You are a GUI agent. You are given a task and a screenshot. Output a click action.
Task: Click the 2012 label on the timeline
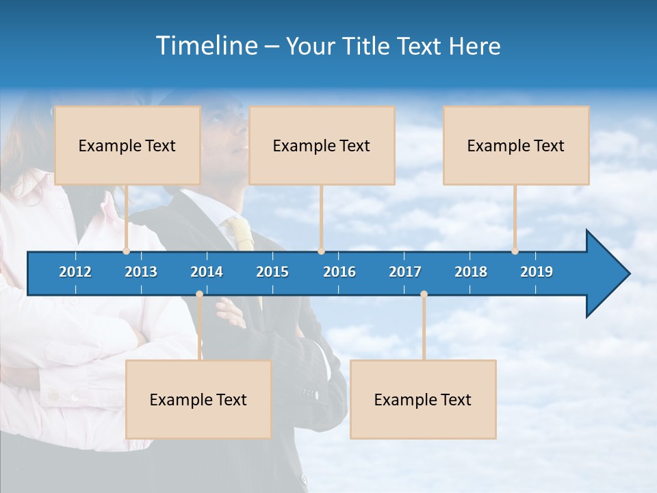[x=75, y=272]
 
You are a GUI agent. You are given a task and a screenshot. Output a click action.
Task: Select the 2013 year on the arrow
[x=141, y=272]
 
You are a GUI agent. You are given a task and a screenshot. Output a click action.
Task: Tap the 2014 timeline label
[x=207, y=272]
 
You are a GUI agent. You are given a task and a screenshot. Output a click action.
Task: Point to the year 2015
[x=272, y=272]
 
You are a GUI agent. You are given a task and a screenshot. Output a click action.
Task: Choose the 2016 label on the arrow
[x=339, y=272]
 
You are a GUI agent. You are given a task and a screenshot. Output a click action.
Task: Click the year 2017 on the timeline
[x=405, y=272]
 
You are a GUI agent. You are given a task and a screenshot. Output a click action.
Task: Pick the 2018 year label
[x=471, y=272]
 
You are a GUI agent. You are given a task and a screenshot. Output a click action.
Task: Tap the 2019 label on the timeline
[x=537, y=272]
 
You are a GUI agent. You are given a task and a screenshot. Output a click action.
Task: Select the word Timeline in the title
[x=206, y=46]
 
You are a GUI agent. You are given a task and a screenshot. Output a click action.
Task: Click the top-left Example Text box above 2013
[x=127, y=145]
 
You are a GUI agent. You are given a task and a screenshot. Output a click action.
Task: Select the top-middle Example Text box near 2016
[x=322, y=145]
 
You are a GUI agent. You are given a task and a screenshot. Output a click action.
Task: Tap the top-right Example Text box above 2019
[x=516, y=145]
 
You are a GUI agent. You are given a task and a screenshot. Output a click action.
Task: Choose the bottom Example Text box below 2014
[x=198, y=399]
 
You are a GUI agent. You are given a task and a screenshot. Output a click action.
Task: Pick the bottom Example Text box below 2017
[x=423, y=399]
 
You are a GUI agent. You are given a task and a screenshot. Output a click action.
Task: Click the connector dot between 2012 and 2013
[x=126, y=251]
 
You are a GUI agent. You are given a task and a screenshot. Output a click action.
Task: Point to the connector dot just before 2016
[x=321, y=251]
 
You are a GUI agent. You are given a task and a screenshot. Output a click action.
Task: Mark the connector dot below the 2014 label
[x=199, y=294]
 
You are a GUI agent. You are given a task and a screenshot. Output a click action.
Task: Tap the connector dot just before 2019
[x=515, y=251]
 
